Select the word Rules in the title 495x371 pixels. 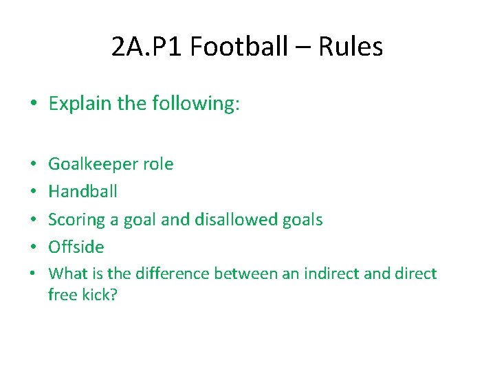pos(351,47)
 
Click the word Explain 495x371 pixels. pos(79,104)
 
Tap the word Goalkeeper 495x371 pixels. pos(93,164)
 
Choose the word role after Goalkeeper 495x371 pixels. pos(158,164)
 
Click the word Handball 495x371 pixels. pos(82,192)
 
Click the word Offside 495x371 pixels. pos(76,247)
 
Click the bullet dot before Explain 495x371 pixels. pos(34,104)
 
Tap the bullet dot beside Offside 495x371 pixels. pos(34,247)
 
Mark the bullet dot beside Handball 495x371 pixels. pos(34,192)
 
